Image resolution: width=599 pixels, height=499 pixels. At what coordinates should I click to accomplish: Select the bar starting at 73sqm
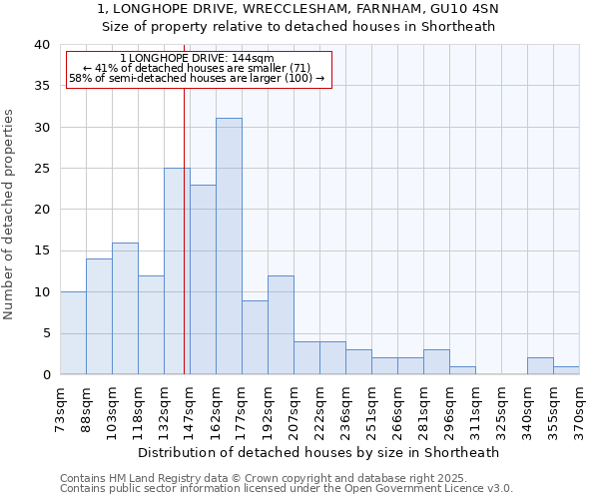pyautogui.click(x=73, y=333)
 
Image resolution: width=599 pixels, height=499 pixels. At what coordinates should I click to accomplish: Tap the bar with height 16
pyautogui.click(x=125, y=308)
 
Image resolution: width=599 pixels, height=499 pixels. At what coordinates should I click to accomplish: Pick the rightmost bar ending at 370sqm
pyautogui.click(x=566, y=370)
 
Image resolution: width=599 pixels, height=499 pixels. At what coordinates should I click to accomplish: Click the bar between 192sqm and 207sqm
pyautogui.click(x=281, y=325)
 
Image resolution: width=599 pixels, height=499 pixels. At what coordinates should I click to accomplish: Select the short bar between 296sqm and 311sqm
pyautogui.click(x=462, y=370)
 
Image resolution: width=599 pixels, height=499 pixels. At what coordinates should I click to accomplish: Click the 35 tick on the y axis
pyautogui.click(x=42, y=86)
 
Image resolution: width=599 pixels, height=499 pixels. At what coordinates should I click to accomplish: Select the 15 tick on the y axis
pyautogui.click(x=42, y=250)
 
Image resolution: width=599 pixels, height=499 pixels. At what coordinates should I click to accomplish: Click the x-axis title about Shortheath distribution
pyautogui.click(x=318, y=452)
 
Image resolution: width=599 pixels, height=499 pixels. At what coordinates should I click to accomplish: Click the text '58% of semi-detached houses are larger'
pyautogui.click(x=190, y=78)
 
